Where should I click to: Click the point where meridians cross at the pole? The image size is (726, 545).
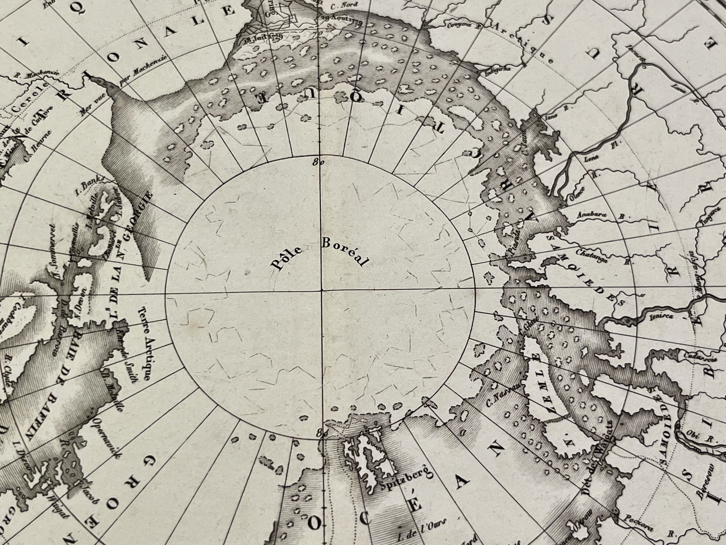(x=321, y=291)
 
